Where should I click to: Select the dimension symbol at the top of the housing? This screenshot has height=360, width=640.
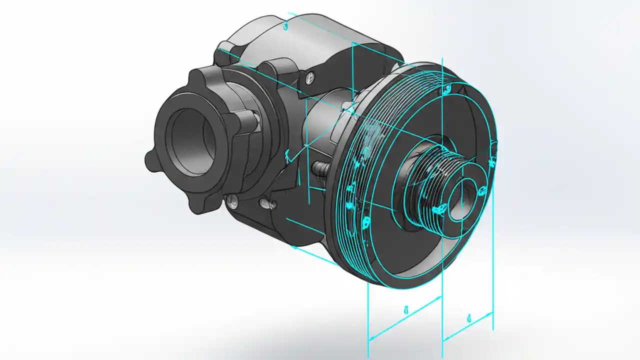pyautogui.click(x=285, y=26)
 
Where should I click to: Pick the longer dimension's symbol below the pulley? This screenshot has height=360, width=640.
pyautogui.click(x=405, y=310)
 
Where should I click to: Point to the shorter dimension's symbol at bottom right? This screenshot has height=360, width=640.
pyautogui.click(x=468, y=316)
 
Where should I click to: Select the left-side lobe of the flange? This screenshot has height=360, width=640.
pyautogui.click(x=150, y=160)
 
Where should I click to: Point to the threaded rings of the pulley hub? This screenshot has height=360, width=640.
pyautogui.click(x=425, y=180)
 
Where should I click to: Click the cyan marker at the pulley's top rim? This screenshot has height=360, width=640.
pyautogui.click(x=444, y=90)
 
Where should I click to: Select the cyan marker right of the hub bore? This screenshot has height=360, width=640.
pyautogui.click(x=482, y=190)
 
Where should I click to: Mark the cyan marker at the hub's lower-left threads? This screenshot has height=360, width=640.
pyautogui.click(x=439, y=210)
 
